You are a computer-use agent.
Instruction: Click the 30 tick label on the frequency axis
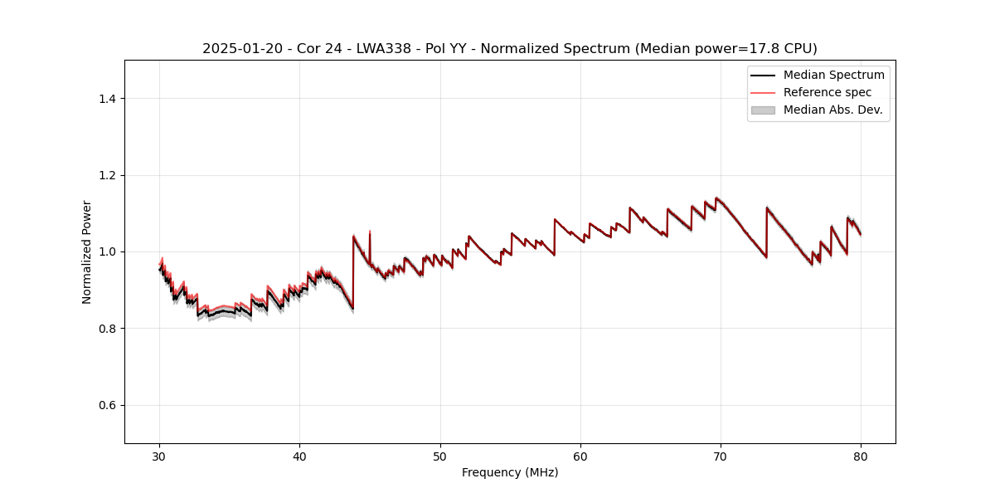click(x=160, y=456)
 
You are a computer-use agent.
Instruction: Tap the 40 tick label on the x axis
click(x=300, y=456)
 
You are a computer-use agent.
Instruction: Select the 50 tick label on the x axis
click(x=440, y=456)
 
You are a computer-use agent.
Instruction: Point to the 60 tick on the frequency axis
click(x=580, y=456)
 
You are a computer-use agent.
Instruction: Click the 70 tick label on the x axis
click(x=721, y=456)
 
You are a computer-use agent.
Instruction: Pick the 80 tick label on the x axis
click(x=861, y=456)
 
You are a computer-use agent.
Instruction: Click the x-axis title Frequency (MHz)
click(x=510, y=472)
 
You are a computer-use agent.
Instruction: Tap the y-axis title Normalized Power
click(x=87, y=251)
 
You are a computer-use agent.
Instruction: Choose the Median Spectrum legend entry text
click(x=833, y=75)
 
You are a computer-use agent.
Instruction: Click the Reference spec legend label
click(x=827, y=92)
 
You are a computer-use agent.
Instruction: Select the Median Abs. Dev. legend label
click(x=832, y=110)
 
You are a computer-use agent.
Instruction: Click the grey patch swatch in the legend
click(x=763, y=110)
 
